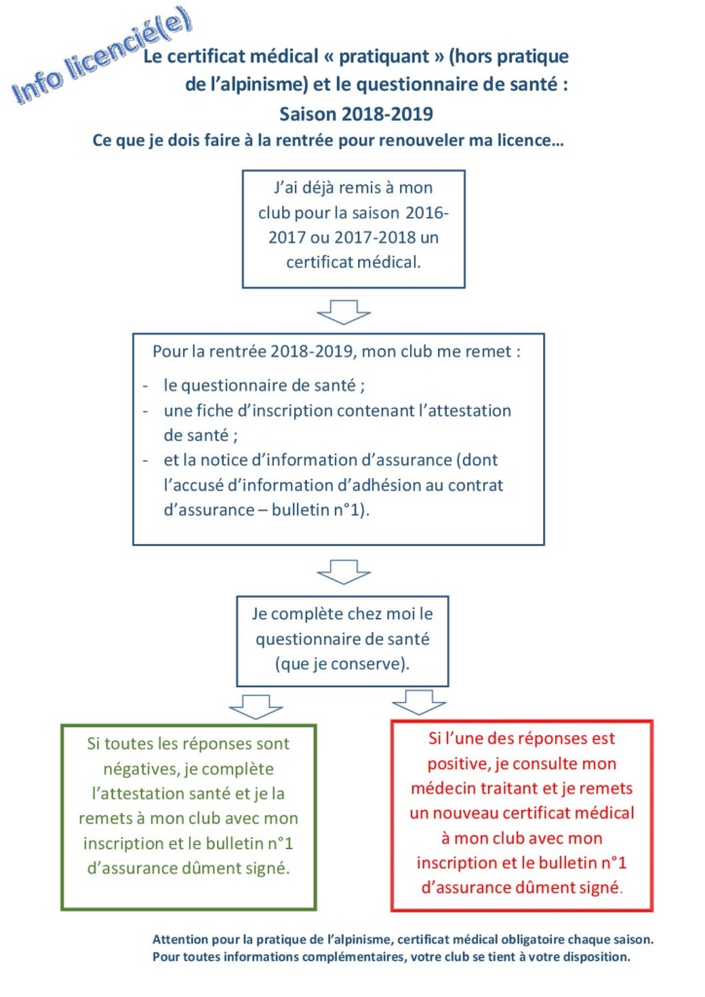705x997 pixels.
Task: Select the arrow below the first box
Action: [x=339, y=313]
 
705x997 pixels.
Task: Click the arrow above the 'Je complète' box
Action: [x=339, y=571]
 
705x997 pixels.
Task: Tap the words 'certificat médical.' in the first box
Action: [x=353, y=262]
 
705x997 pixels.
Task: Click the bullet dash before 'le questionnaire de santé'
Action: [x=145, y=385]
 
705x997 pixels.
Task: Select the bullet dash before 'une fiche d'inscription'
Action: [x=145, y=410]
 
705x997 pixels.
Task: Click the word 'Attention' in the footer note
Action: [x=185, y=940]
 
